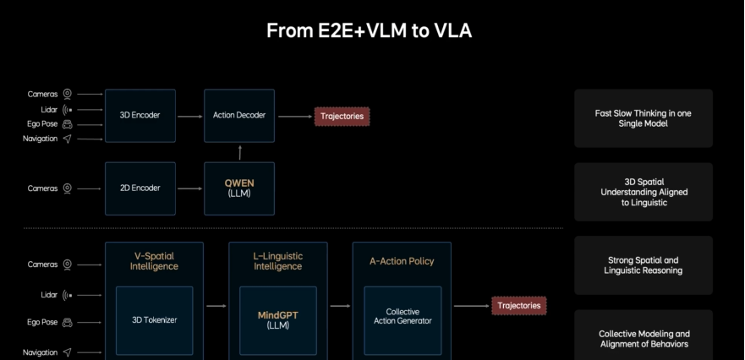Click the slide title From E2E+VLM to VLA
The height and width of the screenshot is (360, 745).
370,31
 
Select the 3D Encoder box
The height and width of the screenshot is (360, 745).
140,115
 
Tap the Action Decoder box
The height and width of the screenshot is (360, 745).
239,115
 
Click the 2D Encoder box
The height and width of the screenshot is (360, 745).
140,188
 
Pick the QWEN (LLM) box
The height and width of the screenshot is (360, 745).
239,188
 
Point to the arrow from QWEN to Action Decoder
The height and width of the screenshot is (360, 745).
239,152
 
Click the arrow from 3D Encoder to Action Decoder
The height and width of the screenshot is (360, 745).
189,115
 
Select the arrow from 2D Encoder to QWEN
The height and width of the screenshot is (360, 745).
189,188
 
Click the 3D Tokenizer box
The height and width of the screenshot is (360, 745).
154,319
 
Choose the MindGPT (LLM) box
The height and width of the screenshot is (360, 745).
278,319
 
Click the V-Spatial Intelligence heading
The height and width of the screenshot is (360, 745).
154,261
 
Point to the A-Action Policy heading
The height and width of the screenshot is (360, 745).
402,261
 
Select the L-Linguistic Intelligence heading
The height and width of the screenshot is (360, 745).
278,261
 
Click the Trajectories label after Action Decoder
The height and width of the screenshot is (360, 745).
342,115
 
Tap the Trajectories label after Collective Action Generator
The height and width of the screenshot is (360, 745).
519,305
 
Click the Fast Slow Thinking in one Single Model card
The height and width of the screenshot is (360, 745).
644,118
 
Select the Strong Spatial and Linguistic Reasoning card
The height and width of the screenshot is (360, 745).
644,265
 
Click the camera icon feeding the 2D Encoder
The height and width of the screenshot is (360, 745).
67,188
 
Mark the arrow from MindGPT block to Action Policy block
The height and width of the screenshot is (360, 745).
339,305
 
